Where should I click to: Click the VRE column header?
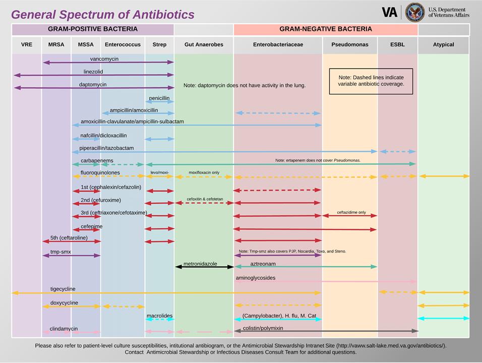(27, 45)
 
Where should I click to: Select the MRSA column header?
(56, 45)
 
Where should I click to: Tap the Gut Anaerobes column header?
(204, 45)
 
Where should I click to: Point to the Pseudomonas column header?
(350, 45)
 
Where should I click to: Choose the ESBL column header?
(397, 45)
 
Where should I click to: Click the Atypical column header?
(443, 45)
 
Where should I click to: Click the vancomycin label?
(104, 59)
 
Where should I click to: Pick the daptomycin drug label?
(93, 85)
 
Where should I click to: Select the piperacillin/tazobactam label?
(106, 148)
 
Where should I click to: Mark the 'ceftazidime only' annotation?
(351, 212)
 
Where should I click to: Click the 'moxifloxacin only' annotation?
(204, 172)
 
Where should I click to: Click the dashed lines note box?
(371, 81)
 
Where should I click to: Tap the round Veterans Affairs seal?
(414, 12)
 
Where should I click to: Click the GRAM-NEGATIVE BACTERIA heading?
(326, 29)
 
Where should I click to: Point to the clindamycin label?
(64, 329)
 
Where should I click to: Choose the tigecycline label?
(63, 289)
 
